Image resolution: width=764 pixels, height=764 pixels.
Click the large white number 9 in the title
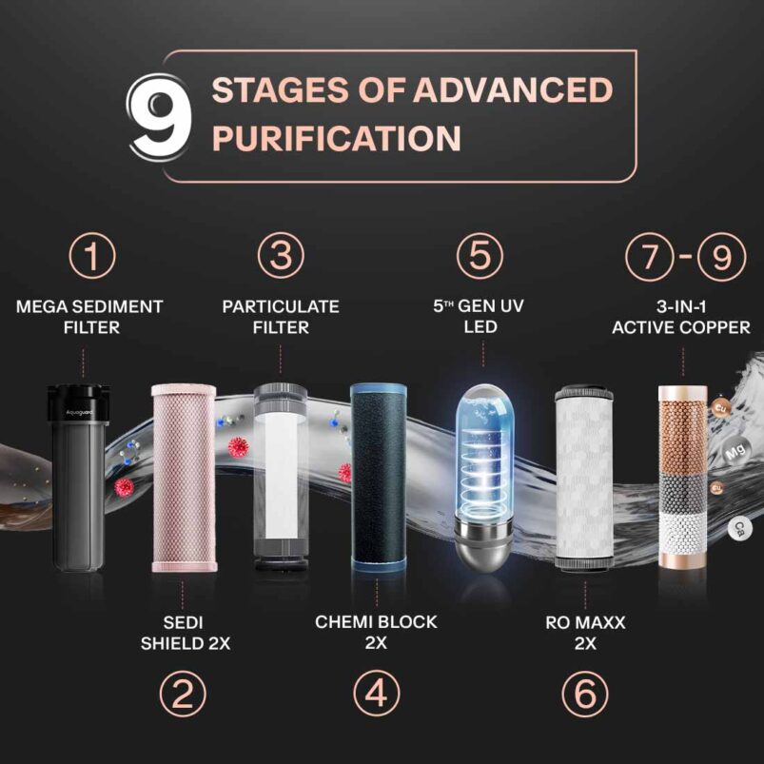159,118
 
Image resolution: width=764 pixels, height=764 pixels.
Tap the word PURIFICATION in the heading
337,138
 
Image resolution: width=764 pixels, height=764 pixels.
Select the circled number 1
92,256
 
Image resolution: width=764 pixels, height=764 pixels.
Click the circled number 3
281,256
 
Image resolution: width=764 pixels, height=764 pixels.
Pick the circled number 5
480,256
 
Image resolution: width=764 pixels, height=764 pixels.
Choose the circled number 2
183,694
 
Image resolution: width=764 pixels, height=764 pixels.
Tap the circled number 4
376,694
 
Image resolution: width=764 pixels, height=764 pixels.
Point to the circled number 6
585,694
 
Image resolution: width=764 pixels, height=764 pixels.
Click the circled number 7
650,257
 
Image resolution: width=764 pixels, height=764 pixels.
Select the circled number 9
721,257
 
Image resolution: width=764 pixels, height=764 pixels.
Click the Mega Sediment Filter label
90,317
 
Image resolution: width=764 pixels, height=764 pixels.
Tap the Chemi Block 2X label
376,633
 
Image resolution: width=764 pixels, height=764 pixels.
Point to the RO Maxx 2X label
585,633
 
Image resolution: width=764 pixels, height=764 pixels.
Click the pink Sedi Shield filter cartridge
184,478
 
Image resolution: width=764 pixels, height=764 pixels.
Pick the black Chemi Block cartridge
379,477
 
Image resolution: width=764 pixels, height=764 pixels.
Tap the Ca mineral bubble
740,529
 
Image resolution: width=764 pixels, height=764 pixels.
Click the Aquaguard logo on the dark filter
79,413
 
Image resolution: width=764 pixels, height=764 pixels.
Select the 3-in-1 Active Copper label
680,317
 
